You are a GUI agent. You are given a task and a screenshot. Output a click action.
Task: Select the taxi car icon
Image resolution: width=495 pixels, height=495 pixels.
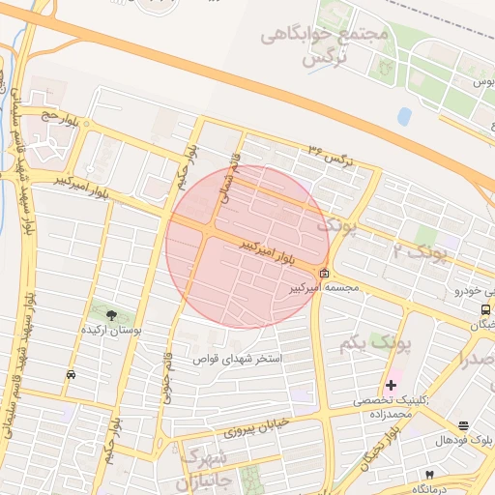click(x=71, y=374)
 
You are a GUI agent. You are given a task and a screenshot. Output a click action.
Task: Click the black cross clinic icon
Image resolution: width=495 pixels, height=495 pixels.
click(x=391, y=385)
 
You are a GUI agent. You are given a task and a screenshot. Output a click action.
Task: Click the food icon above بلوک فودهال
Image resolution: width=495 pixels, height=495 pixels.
click(x=464, y=425)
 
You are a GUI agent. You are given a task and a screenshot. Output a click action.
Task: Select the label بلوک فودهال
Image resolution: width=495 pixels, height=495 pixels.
click(x=463, y=440)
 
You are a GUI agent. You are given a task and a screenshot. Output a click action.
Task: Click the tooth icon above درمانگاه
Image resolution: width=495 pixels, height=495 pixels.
click(x=428, y=475)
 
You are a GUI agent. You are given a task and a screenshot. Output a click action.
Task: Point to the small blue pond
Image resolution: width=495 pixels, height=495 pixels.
click(x=403, y=116)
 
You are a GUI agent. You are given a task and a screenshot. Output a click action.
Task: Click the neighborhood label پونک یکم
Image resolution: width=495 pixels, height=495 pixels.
click(x=377, y=343)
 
